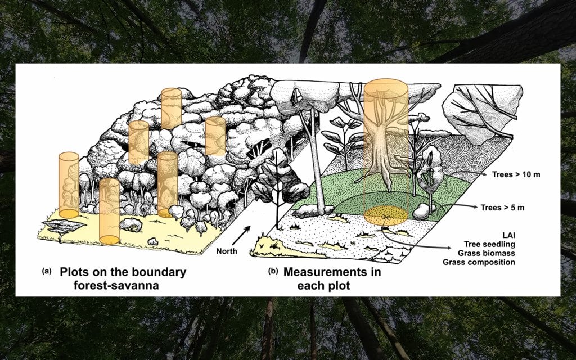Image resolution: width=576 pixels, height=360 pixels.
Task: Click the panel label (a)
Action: coord(47,272)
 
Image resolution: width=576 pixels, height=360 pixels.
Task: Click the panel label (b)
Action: coord(273,272)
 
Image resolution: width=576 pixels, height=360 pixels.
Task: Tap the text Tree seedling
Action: coord(490,244)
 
